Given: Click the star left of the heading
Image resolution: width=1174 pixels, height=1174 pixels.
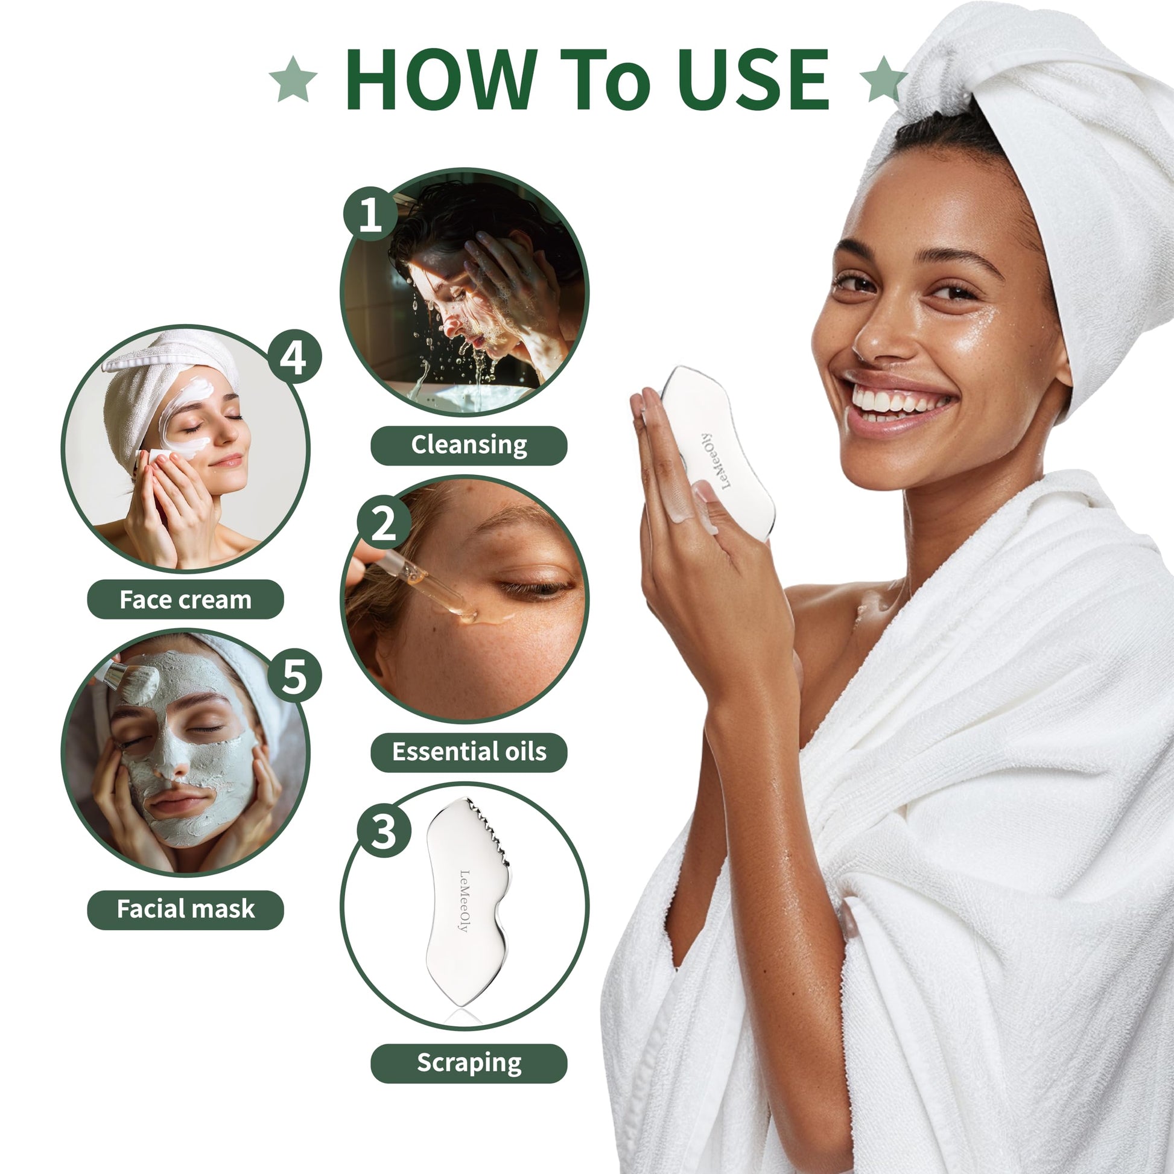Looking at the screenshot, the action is (x=293, y=78).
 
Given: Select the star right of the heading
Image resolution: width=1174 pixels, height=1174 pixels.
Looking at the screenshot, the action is (x=884, y=78).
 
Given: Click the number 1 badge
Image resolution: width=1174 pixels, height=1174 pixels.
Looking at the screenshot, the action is (x=370, y=214).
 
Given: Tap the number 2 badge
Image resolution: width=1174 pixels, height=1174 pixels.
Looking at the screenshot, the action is (x=384, y=523).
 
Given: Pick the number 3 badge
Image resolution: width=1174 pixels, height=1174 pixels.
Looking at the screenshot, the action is (x=384, y=831).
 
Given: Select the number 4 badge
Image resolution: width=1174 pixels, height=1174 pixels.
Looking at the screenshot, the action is (x=294, y=357).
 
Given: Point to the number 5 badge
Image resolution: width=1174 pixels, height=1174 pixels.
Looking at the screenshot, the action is (x=294, y=675).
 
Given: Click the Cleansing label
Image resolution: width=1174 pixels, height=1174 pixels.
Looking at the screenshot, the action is (x=469, y=445).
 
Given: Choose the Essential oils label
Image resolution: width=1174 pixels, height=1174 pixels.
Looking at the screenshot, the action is (x=469, y=752).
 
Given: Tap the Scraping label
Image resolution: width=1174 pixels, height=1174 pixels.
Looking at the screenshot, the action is (x=469, y=1064).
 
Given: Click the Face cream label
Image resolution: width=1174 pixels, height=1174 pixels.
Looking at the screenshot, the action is (x=185, y=600).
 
